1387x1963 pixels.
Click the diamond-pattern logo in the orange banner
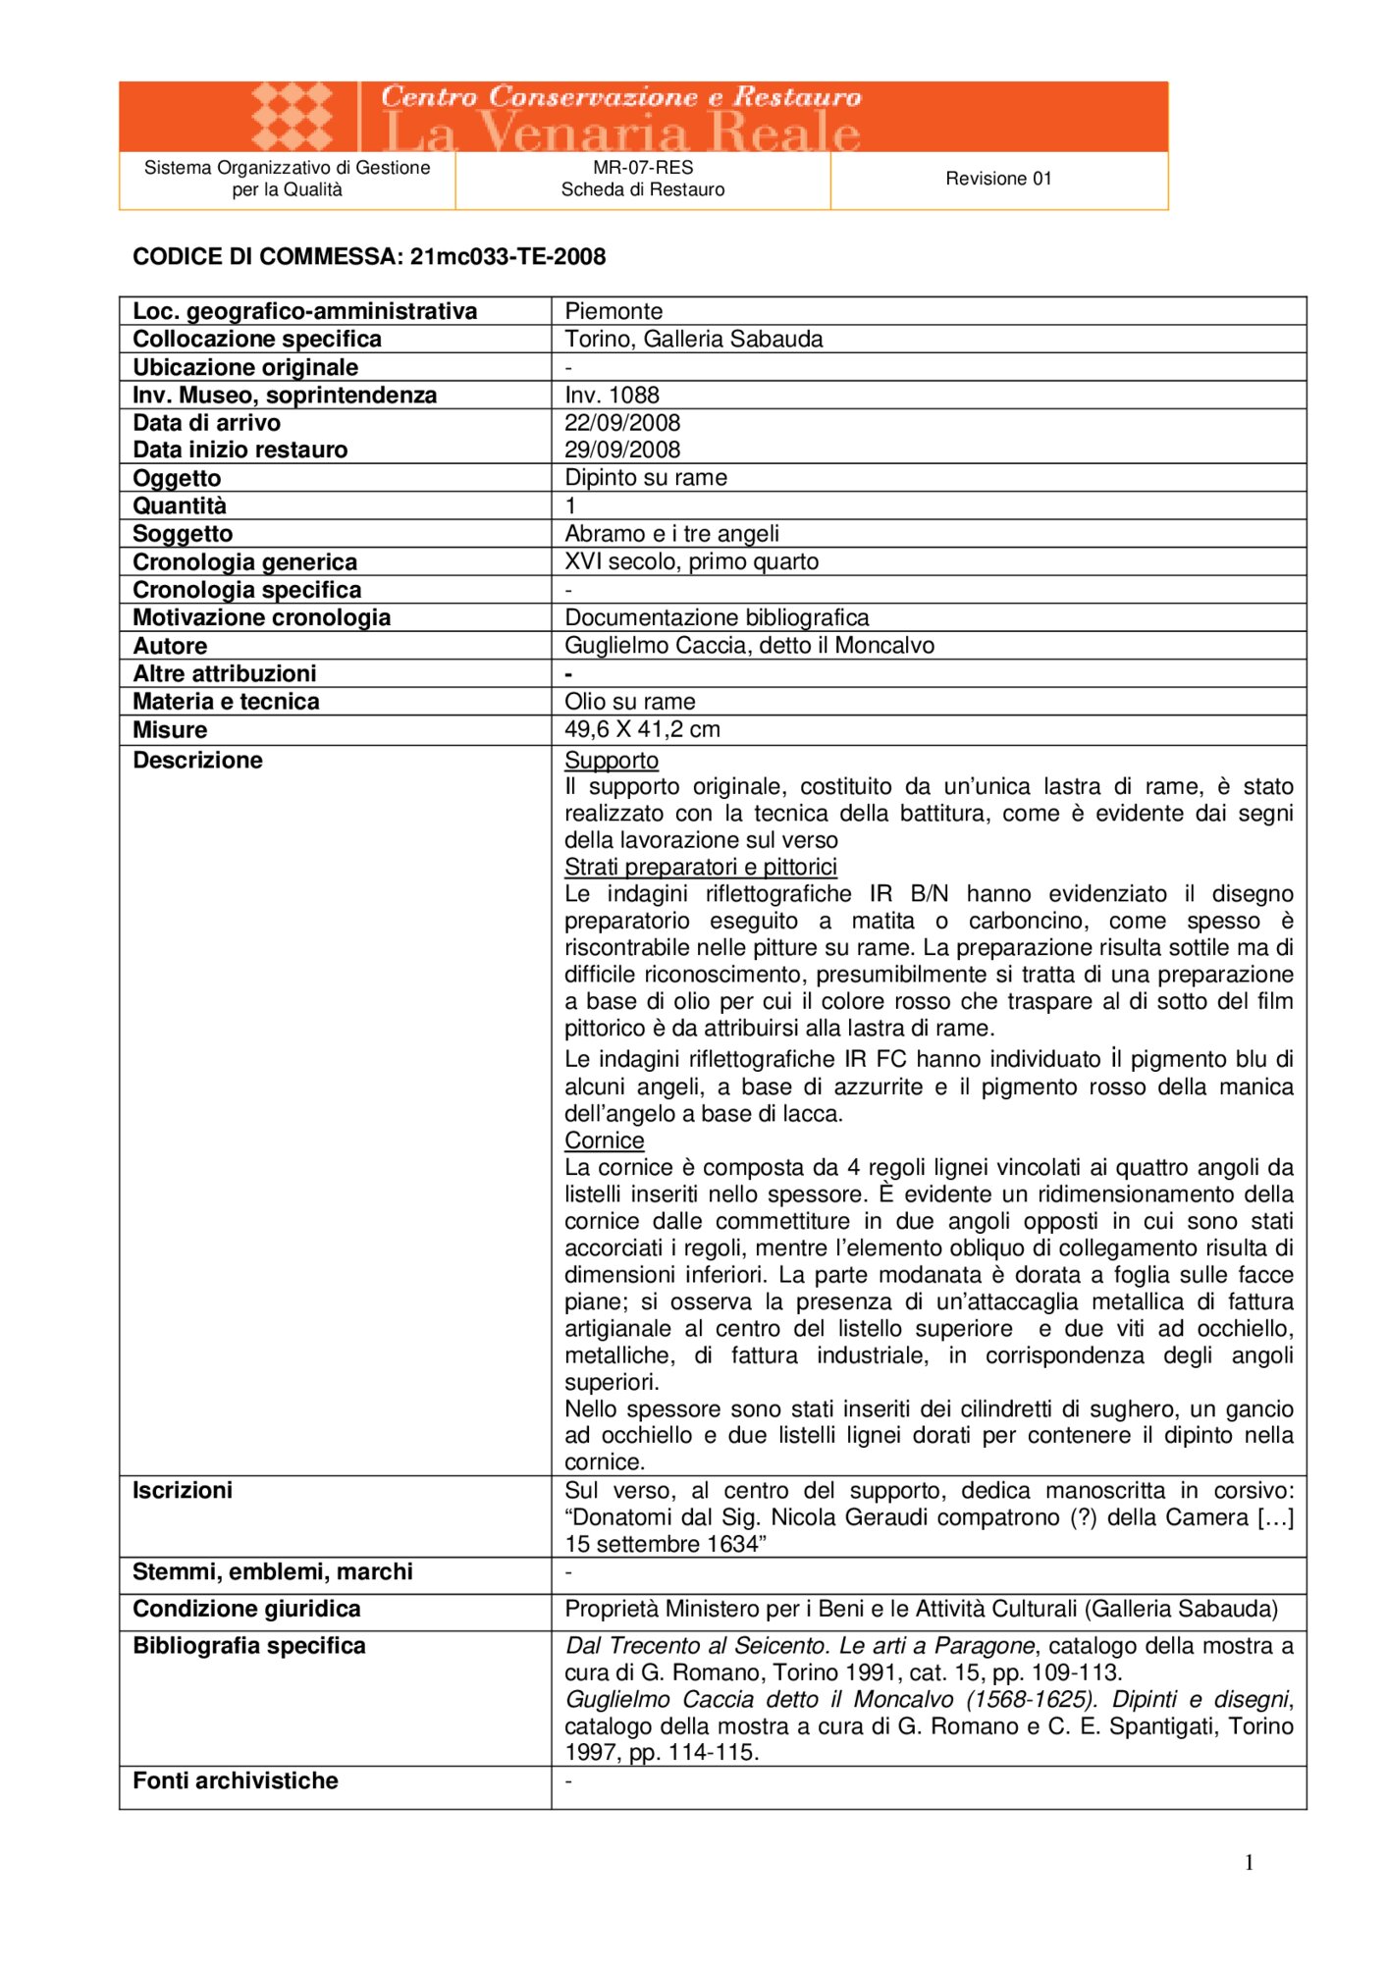(292, 116)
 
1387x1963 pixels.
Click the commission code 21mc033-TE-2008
(507, 257)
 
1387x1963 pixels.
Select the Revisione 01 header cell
(998, 179)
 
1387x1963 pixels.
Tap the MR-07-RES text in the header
(643, 168)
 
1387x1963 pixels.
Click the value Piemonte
(613, 311)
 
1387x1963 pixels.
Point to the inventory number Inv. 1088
(612, 395)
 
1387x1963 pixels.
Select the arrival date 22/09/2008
(622, 423)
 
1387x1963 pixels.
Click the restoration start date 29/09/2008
(622, 450)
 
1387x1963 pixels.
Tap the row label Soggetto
(183, 534)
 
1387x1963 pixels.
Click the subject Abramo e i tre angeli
(671, 534)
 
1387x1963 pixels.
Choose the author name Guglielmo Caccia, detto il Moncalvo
(749, 646)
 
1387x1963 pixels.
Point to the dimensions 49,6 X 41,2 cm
(642, 729)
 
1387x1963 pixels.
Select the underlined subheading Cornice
(604, 1141)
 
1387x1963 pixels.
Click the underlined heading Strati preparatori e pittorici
(701, 867)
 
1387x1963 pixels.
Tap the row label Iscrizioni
(183, 1491)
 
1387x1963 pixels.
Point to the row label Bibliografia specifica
(249, 1646)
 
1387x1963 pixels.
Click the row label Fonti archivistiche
(236, 1780)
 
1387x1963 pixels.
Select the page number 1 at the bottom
(1249, 1863)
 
